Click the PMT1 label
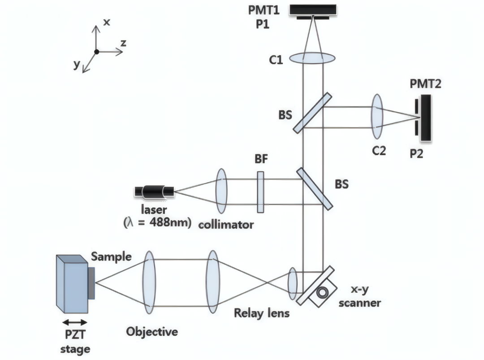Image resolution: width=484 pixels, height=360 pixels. click(264, 10)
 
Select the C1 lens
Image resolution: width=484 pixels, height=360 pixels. click(312, 58)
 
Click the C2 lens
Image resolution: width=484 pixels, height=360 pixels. click(376, 117)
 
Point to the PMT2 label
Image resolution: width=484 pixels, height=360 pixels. click(425, 84)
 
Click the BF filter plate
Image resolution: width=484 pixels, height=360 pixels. click(260, 192)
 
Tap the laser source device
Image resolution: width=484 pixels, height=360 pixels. click(154, 192)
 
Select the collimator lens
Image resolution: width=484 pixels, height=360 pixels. click(221, 191)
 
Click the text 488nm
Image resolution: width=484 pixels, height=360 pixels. click(170, 222)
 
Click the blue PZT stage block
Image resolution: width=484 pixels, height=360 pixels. click(72, 284)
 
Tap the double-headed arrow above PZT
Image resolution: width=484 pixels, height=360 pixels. click(75, 322)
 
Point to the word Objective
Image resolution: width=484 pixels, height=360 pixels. click(152, 332)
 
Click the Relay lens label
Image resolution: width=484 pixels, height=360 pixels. click(262, 313)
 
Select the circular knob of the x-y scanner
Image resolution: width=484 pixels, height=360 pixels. click(323, 292)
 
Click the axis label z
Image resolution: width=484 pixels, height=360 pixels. click(124, 43)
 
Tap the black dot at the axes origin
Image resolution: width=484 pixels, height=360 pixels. click(97, 52)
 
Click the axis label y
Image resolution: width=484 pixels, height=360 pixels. click(77, 64)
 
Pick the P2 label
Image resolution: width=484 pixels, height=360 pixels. click(416, 153)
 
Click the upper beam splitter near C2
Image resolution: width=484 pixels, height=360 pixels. click(312, 113)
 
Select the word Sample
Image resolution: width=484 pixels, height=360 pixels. click(111, 257)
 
